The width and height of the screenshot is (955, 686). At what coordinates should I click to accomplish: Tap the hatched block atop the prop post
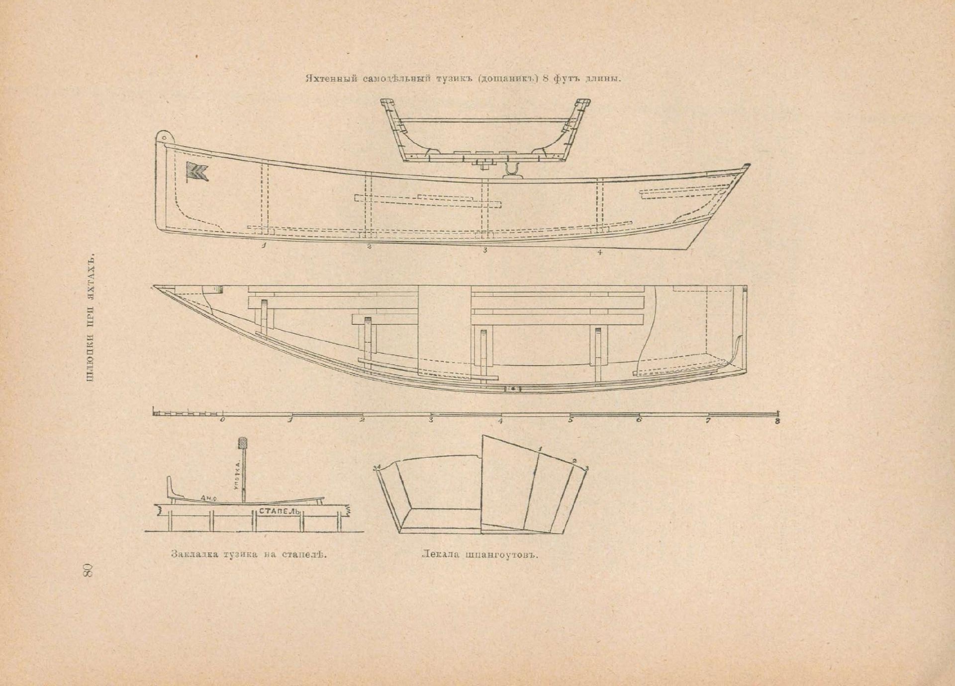243,442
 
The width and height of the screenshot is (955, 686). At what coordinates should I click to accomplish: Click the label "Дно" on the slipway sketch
208,497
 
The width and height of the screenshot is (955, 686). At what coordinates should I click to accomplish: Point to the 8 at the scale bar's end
777,422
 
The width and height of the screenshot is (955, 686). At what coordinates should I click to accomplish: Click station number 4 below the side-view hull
600,253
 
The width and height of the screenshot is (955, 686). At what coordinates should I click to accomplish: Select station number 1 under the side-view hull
264,245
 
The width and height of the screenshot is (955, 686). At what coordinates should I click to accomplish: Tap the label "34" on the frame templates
377,467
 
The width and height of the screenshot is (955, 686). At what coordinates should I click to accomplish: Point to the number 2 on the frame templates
574,461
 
